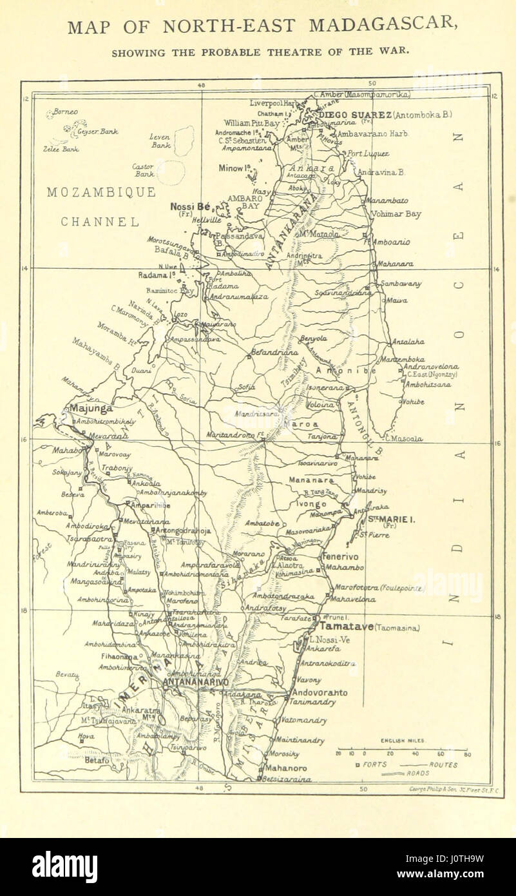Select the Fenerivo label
[341, 556]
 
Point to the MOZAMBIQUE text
[100, 192]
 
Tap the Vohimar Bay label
[396, 214]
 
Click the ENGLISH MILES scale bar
[403, 750]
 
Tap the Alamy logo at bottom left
[64, 866]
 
